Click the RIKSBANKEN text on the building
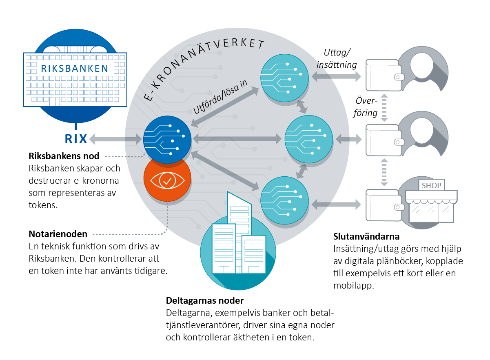point(75,69)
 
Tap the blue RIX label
point(76,139)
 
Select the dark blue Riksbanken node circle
point(167,140)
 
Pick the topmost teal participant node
point(285,78)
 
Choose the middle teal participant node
point(309,139)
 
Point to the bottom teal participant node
point(285,200)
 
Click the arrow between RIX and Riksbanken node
point(115,139)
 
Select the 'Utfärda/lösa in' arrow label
point(220,97)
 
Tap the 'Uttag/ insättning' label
point(337,59)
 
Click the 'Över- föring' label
point(365,107)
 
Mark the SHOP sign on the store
point(431,186)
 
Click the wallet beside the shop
point(384,205)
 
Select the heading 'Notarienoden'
point(58,234)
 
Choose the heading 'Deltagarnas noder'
point(205,301)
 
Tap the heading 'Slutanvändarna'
point(366,237)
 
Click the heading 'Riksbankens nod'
point(64,156)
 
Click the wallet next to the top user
point(384,75)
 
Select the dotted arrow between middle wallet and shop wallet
point(384,173)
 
